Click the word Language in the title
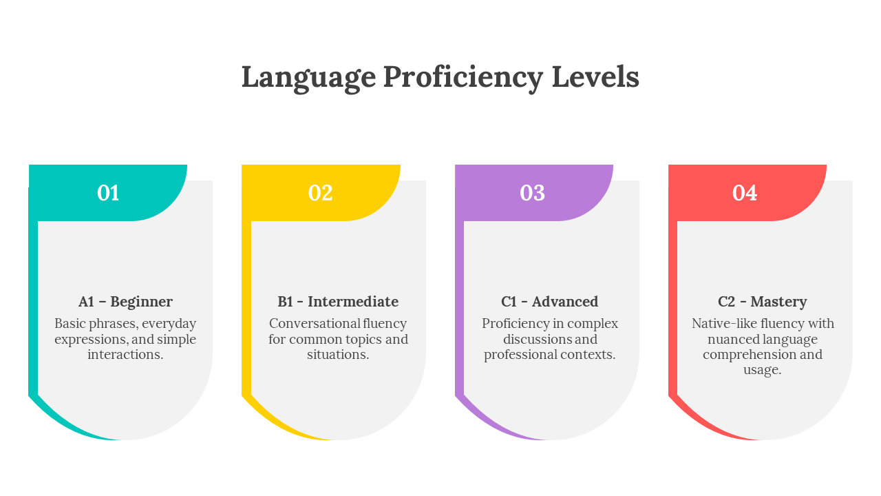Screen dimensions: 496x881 tap(308, 77)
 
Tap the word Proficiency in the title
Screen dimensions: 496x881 tap(463, 77)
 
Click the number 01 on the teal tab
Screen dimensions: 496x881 tap(108, 193)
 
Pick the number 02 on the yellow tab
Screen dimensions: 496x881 tap(321, 193)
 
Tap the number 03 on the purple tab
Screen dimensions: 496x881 tap(533, 193)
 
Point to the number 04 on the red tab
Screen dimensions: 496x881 tap(745, 193)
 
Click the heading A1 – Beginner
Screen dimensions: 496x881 tap(125, 302)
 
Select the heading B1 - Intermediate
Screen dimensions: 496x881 tap(338, 302)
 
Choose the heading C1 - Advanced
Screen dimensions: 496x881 tap(550, 302)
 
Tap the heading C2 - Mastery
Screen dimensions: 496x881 tap(763, 302)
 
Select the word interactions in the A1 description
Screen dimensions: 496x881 tap(125, 355)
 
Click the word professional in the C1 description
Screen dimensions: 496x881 tap(518, 355)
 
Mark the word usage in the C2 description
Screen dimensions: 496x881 tap(762, 370)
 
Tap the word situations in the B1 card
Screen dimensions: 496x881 tap(337, 355)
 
